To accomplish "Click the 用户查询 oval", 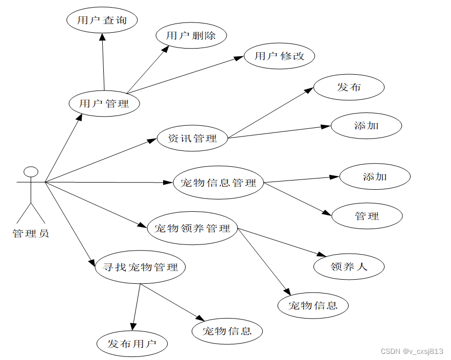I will pos(102,20).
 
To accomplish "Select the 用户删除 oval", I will pos(191,36).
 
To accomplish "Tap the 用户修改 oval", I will pos(279,56).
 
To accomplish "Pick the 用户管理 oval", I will pos(104,103).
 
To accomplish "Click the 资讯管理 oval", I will pos(192,138).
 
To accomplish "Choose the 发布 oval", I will pos(349,87).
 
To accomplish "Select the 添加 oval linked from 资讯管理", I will pos(366,125).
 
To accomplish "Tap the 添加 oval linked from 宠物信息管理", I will pos(375,177).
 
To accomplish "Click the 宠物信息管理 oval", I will pos(218,183).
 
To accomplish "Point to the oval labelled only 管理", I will pos(367,216).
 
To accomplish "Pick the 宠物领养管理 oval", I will pos(192,228).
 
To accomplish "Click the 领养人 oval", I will pos(349,266).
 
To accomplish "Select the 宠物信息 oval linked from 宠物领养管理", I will pos(313,306).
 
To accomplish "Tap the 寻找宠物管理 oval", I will pos(140,267).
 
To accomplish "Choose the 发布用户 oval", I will pos(132,344).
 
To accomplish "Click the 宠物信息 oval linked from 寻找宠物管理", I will pos(227,331).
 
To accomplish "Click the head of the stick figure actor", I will pos(31,171).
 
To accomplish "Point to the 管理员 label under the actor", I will pos(31,234).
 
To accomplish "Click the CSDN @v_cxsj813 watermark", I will pos(412,351).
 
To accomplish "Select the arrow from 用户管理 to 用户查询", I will pos(103,61).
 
